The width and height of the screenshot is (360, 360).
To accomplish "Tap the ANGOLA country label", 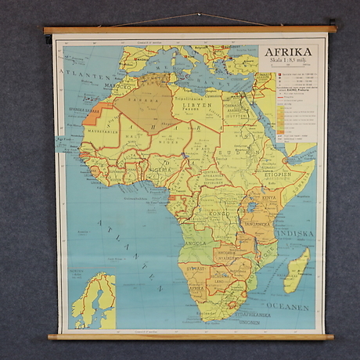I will tap(194, 243).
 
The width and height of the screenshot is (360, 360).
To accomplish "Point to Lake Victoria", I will tap(253, 207).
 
